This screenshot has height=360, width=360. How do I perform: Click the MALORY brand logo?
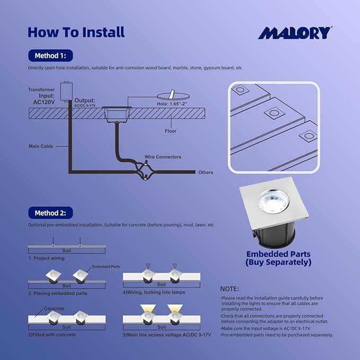tap(294, 32)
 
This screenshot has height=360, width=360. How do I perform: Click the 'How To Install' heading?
tap(76, 32)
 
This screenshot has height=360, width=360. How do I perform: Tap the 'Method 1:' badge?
tap(50, 55)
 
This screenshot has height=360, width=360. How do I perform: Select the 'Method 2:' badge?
tap(50, 213)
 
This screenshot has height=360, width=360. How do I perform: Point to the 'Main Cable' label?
tap(40, 146)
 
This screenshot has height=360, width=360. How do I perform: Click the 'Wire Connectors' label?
tap(163, 157)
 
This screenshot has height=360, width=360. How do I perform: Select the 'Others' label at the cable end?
tap(205, 173)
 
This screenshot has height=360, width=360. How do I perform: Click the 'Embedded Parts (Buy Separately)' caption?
tap(278, 258)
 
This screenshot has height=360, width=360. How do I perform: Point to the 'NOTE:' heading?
tap(229, 289)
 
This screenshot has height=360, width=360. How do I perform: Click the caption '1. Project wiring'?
tap(46, 258)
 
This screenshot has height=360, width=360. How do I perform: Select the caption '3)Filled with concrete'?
tap(52, 335)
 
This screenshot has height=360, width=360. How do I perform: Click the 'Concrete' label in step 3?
tap(54, 309)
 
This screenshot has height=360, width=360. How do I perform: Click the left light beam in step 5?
tap(147, 308)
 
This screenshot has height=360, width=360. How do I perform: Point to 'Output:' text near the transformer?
tap(85, 100)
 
